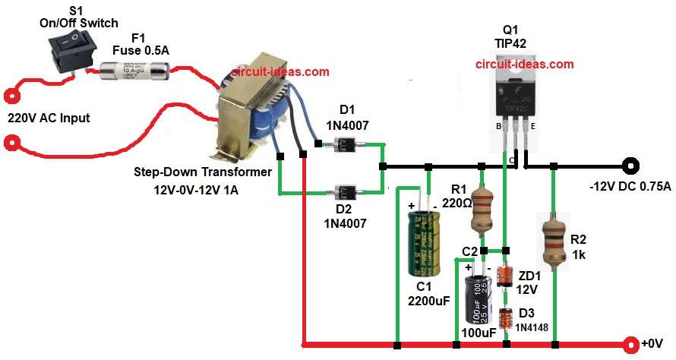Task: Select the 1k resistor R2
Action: click(x=554, y=240)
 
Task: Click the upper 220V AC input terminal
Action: click(x=11, y=97)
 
